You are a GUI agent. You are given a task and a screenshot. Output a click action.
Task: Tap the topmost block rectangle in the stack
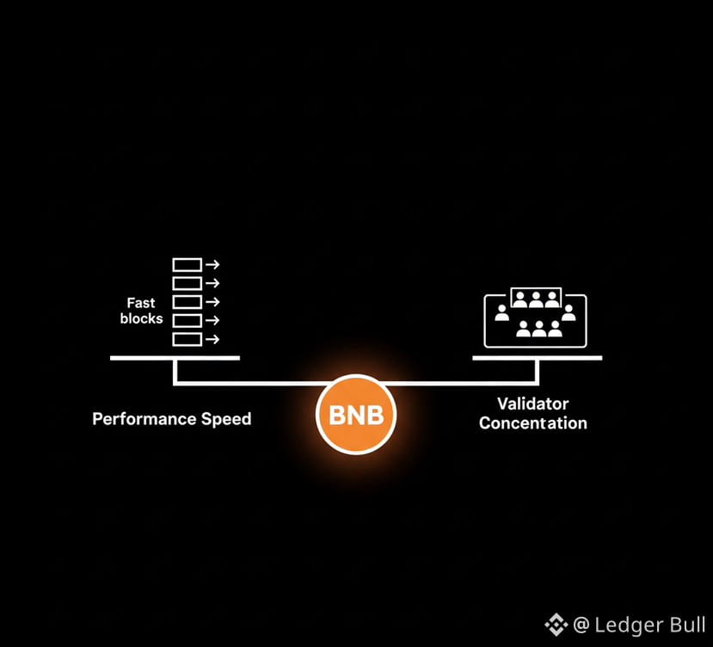point(187,264)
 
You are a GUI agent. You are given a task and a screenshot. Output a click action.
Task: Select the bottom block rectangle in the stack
point(187,339)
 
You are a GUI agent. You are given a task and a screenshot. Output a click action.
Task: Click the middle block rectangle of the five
point(187,302)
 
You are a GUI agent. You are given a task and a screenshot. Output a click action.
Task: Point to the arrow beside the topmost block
point(212,264)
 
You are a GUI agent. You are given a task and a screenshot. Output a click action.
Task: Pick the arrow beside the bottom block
point(212,339)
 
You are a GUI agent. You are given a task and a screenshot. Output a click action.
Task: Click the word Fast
point(140,303)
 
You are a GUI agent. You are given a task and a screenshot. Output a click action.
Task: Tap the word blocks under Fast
point(142,318)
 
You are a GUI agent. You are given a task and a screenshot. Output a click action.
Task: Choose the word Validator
point(532,404)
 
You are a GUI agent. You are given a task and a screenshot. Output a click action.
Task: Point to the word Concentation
point(533,423)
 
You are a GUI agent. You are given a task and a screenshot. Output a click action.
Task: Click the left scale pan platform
point(175,357)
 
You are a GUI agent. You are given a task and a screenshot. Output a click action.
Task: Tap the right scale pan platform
point(538,357)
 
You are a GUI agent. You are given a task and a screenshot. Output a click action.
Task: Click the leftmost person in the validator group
point(502,311)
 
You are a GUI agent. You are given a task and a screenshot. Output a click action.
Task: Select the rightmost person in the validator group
point(569,311)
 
